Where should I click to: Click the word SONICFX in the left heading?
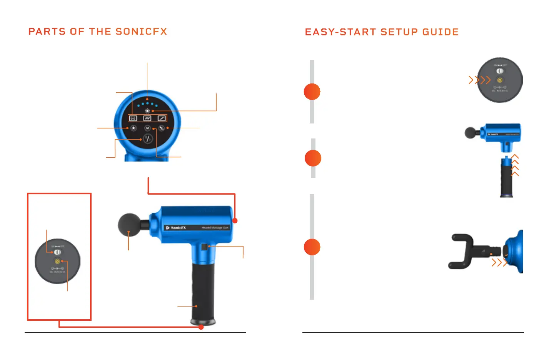point(141,32)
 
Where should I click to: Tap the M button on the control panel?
point(147,128)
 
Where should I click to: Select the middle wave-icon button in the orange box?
point(147,118)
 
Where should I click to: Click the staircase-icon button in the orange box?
point(162,118)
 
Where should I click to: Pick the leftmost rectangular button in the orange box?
point(133,118)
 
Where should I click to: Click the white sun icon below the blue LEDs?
point(147,111)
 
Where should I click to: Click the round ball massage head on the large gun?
point(129,225)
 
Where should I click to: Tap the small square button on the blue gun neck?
point(204,247)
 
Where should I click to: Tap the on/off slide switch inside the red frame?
point(57,252)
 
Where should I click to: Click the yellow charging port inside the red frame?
point(57,262)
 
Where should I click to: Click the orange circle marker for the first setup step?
point(312,92)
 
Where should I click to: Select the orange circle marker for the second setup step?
point(313,158)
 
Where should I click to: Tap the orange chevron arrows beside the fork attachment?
point(499,263)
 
